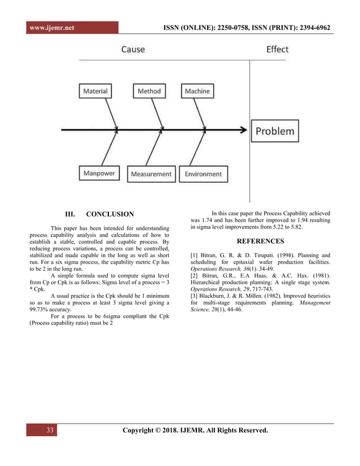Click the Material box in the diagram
coord(95,91)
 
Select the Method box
coord(149,91)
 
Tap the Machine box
coord(197,91)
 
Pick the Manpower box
coord(99,174)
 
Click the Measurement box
coord(151,174)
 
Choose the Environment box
coord(203,174)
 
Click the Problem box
coord(275,131)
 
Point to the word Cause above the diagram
coord(133,50)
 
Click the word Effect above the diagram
coord(277,50)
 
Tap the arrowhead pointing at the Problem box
coord(244,130)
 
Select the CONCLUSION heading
coord(110,214)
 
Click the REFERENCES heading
coord(260,241)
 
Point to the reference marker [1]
coord(195,256)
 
